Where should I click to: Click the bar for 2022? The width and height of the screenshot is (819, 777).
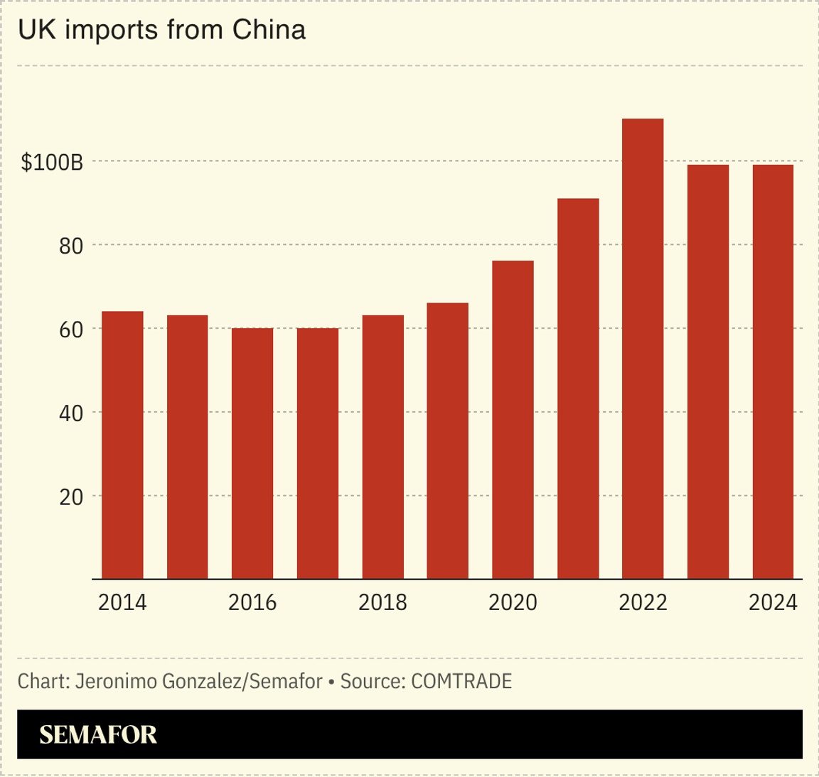point(643,349)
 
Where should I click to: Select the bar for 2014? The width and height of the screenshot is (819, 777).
point(122,445)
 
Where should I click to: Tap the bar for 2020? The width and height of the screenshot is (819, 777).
point(513,420)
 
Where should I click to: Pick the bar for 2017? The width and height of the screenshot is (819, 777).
point(318,453)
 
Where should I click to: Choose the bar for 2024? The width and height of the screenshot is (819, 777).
point(773,372)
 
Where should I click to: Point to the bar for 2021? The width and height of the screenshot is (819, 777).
point(578,388)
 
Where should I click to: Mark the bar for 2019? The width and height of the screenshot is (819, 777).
point(448,441)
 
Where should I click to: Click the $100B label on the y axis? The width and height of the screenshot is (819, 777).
point(52,163)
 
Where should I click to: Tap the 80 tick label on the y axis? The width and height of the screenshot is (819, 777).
point(71,246)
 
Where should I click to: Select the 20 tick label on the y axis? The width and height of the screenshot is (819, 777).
point(71,497)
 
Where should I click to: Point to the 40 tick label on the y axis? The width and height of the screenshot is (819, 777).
point(71,413)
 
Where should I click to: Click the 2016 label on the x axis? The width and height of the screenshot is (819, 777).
point(252,602)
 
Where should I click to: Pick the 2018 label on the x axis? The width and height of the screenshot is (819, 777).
point(382,602)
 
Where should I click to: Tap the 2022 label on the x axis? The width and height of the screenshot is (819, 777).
point(643,602)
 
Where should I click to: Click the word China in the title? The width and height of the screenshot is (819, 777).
point(269,30)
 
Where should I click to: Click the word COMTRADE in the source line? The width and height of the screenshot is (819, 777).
point(461,681)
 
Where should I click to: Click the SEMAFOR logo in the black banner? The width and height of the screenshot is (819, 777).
point(98,734)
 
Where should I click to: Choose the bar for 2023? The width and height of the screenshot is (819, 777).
point(708,372)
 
